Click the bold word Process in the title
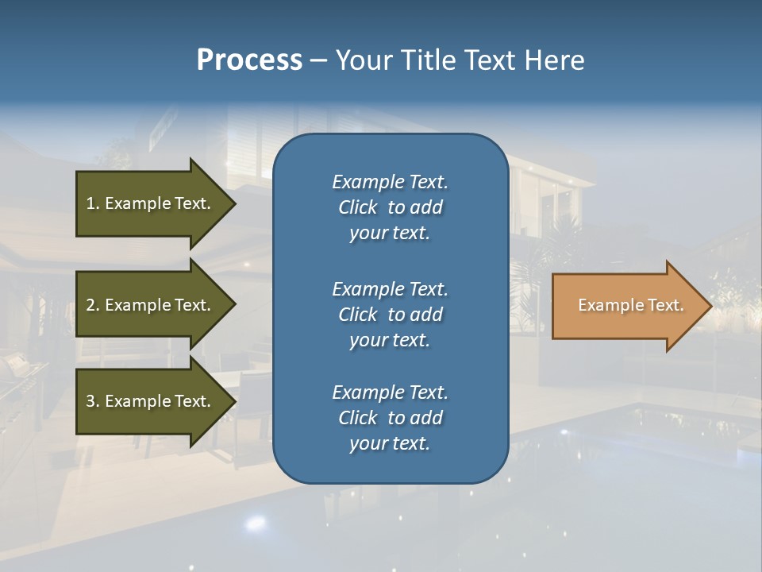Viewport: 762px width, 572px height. [249, 60]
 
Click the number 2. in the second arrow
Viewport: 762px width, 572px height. [93, 305]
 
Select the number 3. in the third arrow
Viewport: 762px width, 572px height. [93, 401]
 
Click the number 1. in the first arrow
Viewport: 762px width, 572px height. [93, 203]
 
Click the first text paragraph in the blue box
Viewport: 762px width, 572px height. [390, 207]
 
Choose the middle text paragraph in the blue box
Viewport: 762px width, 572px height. [390, 315]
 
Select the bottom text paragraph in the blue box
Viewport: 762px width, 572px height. [390, 418]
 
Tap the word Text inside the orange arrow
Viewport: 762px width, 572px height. [666, 305]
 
